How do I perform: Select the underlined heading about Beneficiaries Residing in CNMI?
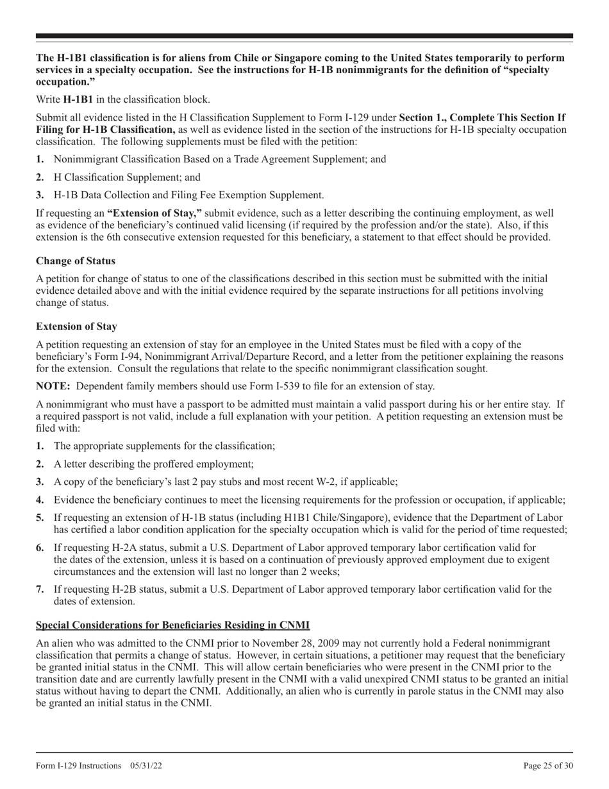(x=172, y=625)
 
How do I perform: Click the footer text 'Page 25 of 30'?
(x=547, y=765)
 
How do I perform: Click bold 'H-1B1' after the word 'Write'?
(x=78, y=99)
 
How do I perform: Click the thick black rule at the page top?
(x=304, y=37)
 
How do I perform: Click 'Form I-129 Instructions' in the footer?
(x=79, y=765)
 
